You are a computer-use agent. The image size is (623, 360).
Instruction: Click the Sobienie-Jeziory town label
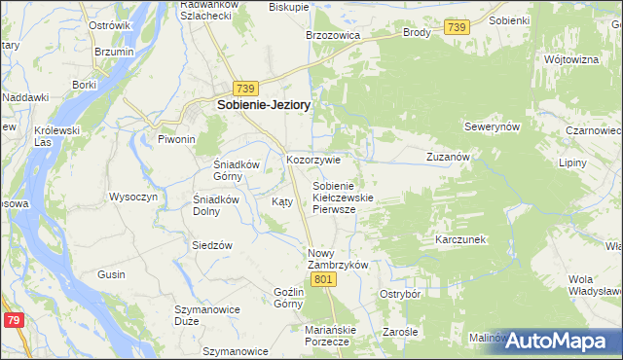(x=257, y=106)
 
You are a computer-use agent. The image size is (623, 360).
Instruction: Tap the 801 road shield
(x=325, y=280)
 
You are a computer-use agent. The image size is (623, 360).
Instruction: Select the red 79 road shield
(x=13, y=320)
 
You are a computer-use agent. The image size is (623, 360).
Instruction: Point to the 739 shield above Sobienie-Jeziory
(x=245, y=87)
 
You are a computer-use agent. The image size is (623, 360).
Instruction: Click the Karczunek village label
(x=460, y=238)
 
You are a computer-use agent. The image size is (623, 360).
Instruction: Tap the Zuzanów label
(x=449, y=156)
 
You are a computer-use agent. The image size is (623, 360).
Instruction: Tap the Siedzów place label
(x=211, y=245)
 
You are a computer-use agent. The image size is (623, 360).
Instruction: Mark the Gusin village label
(x=111, y=275)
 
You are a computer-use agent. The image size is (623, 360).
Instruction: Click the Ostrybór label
(x=399, y=293)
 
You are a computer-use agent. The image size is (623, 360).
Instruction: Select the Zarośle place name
(x=400, y=332)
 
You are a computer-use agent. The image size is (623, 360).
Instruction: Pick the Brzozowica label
(x=333, y=34)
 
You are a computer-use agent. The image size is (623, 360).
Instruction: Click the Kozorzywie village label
(x=312, y=160)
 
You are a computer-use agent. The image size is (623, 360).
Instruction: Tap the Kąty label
(x=281, y=201)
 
